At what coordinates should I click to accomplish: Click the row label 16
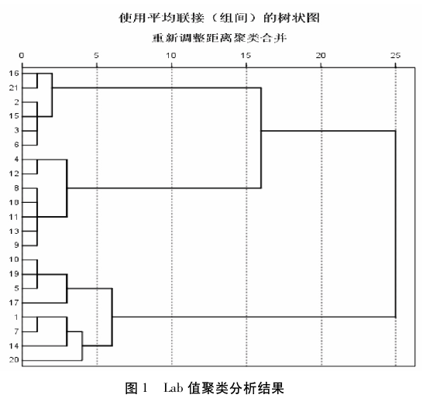pos(14,74)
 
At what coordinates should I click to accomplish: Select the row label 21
pos(14,88)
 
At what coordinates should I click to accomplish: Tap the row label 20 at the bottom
pos(14,360)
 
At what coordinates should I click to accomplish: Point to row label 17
pos(14,303)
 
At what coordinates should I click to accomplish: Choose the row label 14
pos(14,345)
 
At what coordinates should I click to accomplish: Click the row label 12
pos(14,173)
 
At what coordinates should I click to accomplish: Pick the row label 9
pos(16,245)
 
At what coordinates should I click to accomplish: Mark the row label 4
pos(16,160)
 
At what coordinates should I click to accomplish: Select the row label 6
pos(16,145)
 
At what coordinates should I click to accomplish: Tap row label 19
pos(14,274)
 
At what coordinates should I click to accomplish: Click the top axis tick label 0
pos(22,56)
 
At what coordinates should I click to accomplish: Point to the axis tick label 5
pos(96,56)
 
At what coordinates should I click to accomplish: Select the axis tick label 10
pos(170,56)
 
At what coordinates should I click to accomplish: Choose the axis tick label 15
pos(246,56)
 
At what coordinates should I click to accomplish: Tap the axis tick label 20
pos(321,56)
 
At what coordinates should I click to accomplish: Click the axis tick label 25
pos(395,56)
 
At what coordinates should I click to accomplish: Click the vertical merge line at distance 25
pos(395,224)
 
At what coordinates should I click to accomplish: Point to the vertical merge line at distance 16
pos(261,138)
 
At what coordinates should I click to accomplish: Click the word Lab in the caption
pos(174,388)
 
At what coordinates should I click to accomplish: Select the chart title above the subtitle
pos(219,19)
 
